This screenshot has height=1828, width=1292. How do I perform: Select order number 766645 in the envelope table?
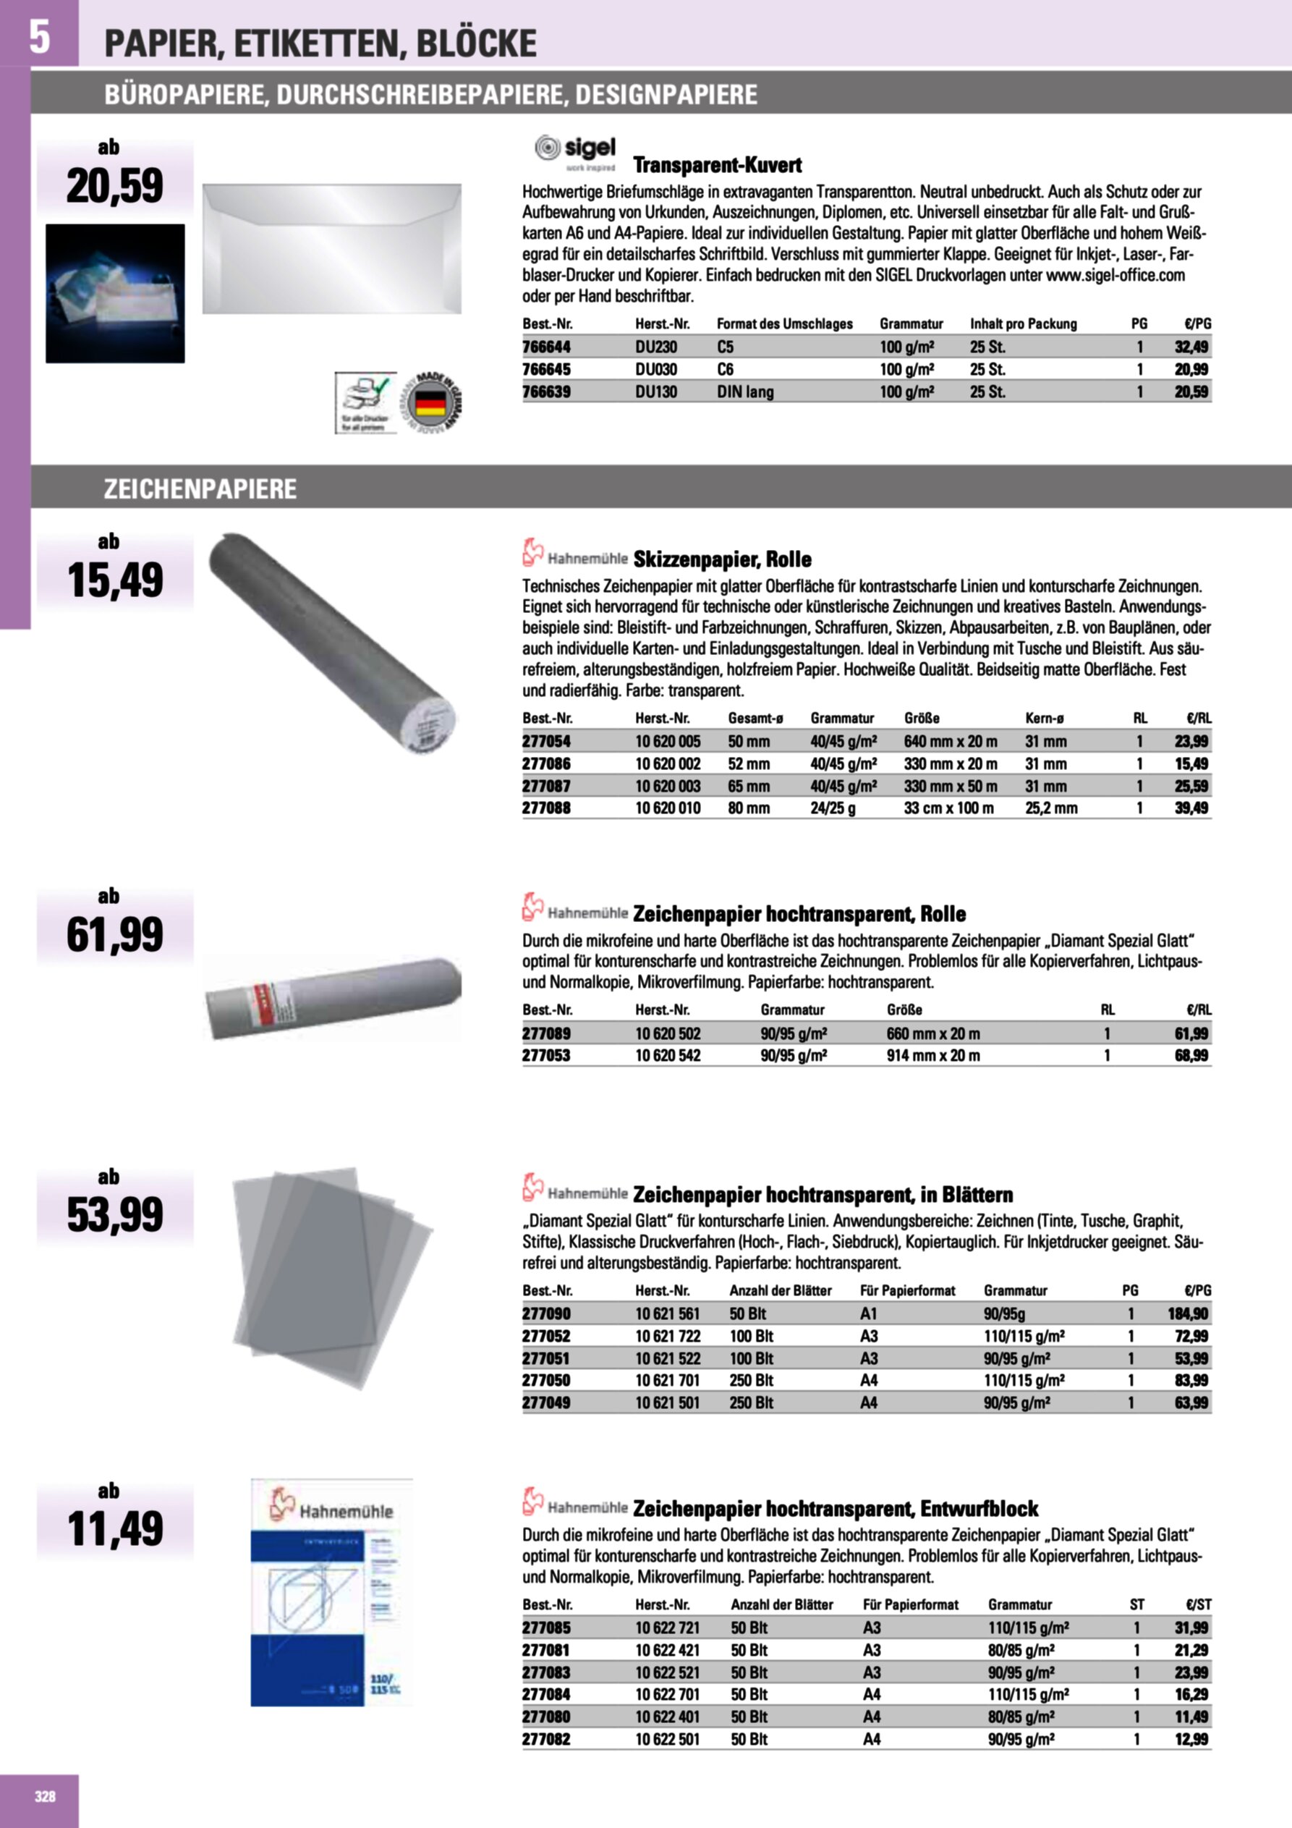point(546,369)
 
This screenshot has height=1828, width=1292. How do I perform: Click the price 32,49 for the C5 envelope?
point(1191,347)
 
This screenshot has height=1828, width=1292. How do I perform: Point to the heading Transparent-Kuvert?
point(716,166)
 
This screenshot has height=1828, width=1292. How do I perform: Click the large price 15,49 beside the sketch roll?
point(116,580)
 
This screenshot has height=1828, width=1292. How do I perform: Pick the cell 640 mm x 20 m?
point(950,741)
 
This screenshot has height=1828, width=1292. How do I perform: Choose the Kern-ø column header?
point(1045,718)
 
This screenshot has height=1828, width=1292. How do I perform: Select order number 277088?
point(546,808)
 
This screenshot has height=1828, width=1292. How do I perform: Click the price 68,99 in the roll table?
point(1191,1056)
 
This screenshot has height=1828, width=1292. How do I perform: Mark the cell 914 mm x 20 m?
point(933,1056)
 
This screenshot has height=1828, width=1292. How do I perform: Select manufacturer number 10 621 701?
point(667,1381)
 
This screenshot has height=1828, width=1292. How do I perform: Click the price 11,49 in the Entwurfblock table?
point(1191,1717)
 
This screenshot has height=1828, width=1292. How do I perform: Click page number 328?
point(46,1796)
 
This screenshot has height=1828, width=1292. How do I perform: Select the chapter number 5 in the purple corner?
point(39,36)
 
